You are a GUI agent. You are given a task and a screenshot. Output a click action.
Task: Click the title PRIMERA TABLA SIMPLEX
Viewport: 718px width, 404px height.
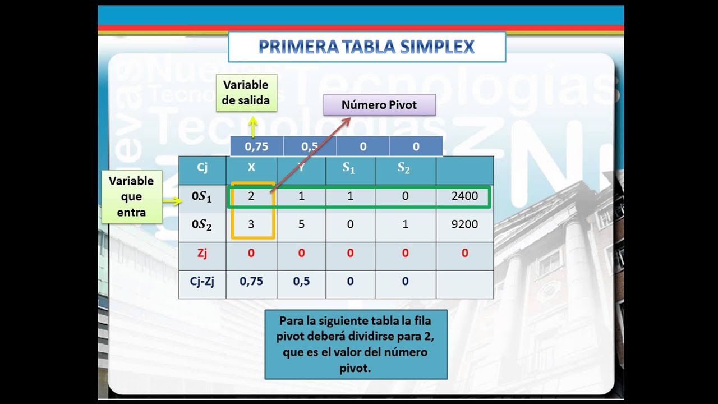click(366, 47)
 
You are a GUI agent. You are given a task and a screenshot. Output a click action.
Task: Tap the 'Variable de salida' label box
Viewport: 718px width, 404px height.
click(246, 93)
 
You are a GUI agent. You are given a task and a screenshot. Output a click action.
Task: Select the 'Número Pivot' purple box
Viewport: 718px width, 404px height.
click(379, 105)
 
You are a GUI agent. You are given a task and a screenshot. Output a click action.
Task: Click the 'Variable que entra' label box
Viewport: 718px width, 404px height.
click(131, 196)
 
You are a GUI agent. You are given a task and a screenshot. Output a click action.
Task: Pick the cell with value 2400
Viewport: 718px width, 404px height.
click(464, 196)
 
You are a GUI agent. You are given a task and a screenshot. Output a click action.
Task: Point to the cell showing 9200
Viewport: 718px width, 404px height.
click(464, 224)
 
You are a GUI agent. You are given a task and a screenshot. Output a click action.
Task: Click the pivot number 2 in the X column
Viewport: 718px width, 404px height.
click(251, 196)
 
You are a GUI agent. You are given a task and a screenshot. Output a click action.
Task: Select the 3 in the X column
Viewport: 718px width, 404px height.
click(251, 224)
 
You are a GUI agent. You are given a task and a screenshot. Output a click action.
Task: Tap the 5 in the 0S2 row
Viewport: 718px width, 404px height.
click(301, 224)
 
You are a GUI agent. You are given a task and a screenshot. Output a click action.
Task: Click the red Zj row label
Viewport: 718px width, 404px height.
click(202, 253)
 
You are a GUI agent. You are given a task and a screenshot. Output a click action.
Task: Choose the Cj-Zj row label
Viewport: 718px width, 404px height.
click(202, 281)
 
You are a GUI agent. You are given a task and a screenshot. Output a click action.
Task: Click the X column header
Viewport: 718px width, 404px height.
click(251, 167)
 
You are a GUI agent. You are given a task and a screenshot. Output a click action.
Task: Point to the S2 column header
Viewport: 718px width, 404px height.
click(404, 168)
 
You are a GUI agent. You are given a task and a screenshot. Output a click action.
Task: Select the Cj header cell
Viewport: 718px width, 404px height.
click(202, 167)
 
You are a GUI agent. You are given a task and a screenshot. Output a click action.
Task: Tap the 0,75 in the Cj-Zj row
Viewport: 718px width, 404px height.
click(251, 281)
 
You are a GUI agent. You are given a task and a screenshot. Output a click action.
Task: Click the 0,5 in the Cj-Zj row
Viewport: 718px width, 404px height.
click(301, 281)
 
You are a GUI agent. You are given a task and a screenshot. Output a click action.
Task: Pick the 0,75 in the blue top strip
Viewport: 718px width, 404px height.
click(256, 147)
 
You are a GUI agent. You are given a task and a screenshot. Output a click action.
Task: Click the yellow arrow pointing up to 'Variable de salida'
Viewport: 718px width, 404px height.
click(253, 126)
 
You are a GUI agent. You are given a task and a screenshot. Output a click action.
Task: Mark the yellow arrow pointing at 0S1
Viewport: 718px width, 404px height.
click(171, 200)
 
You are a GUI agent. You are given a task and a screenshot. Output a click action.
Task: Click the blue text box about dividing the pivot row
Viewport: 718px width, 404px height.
click(356, 345)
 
